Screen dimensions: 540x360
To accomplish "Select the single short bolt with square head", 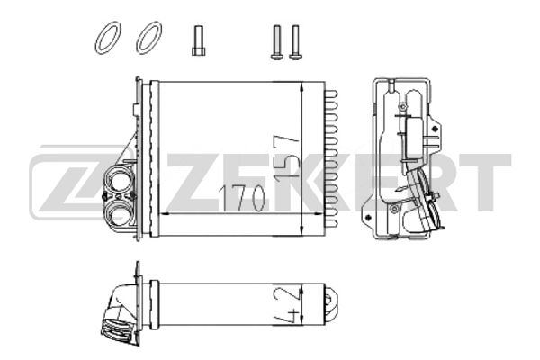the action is tap(199, 40).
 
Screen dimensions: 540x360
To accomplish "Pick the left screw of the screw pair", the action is tap(277, 42).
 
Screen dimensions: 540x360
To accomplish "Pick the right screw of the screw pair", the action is tap(295, 42).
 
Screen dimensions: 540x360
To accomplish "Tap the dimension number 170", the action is tap(242, 199).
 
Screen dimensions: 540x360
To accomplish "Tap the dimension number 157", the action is tap(286, 157).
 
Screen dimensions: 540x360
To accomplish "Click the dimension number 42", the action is tap(288, 305).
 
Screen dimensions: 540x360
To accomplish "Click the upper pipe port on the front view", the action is tap(118, 182).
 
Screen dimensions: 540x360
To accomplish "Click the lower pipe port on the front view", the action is tap(118, 211).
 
